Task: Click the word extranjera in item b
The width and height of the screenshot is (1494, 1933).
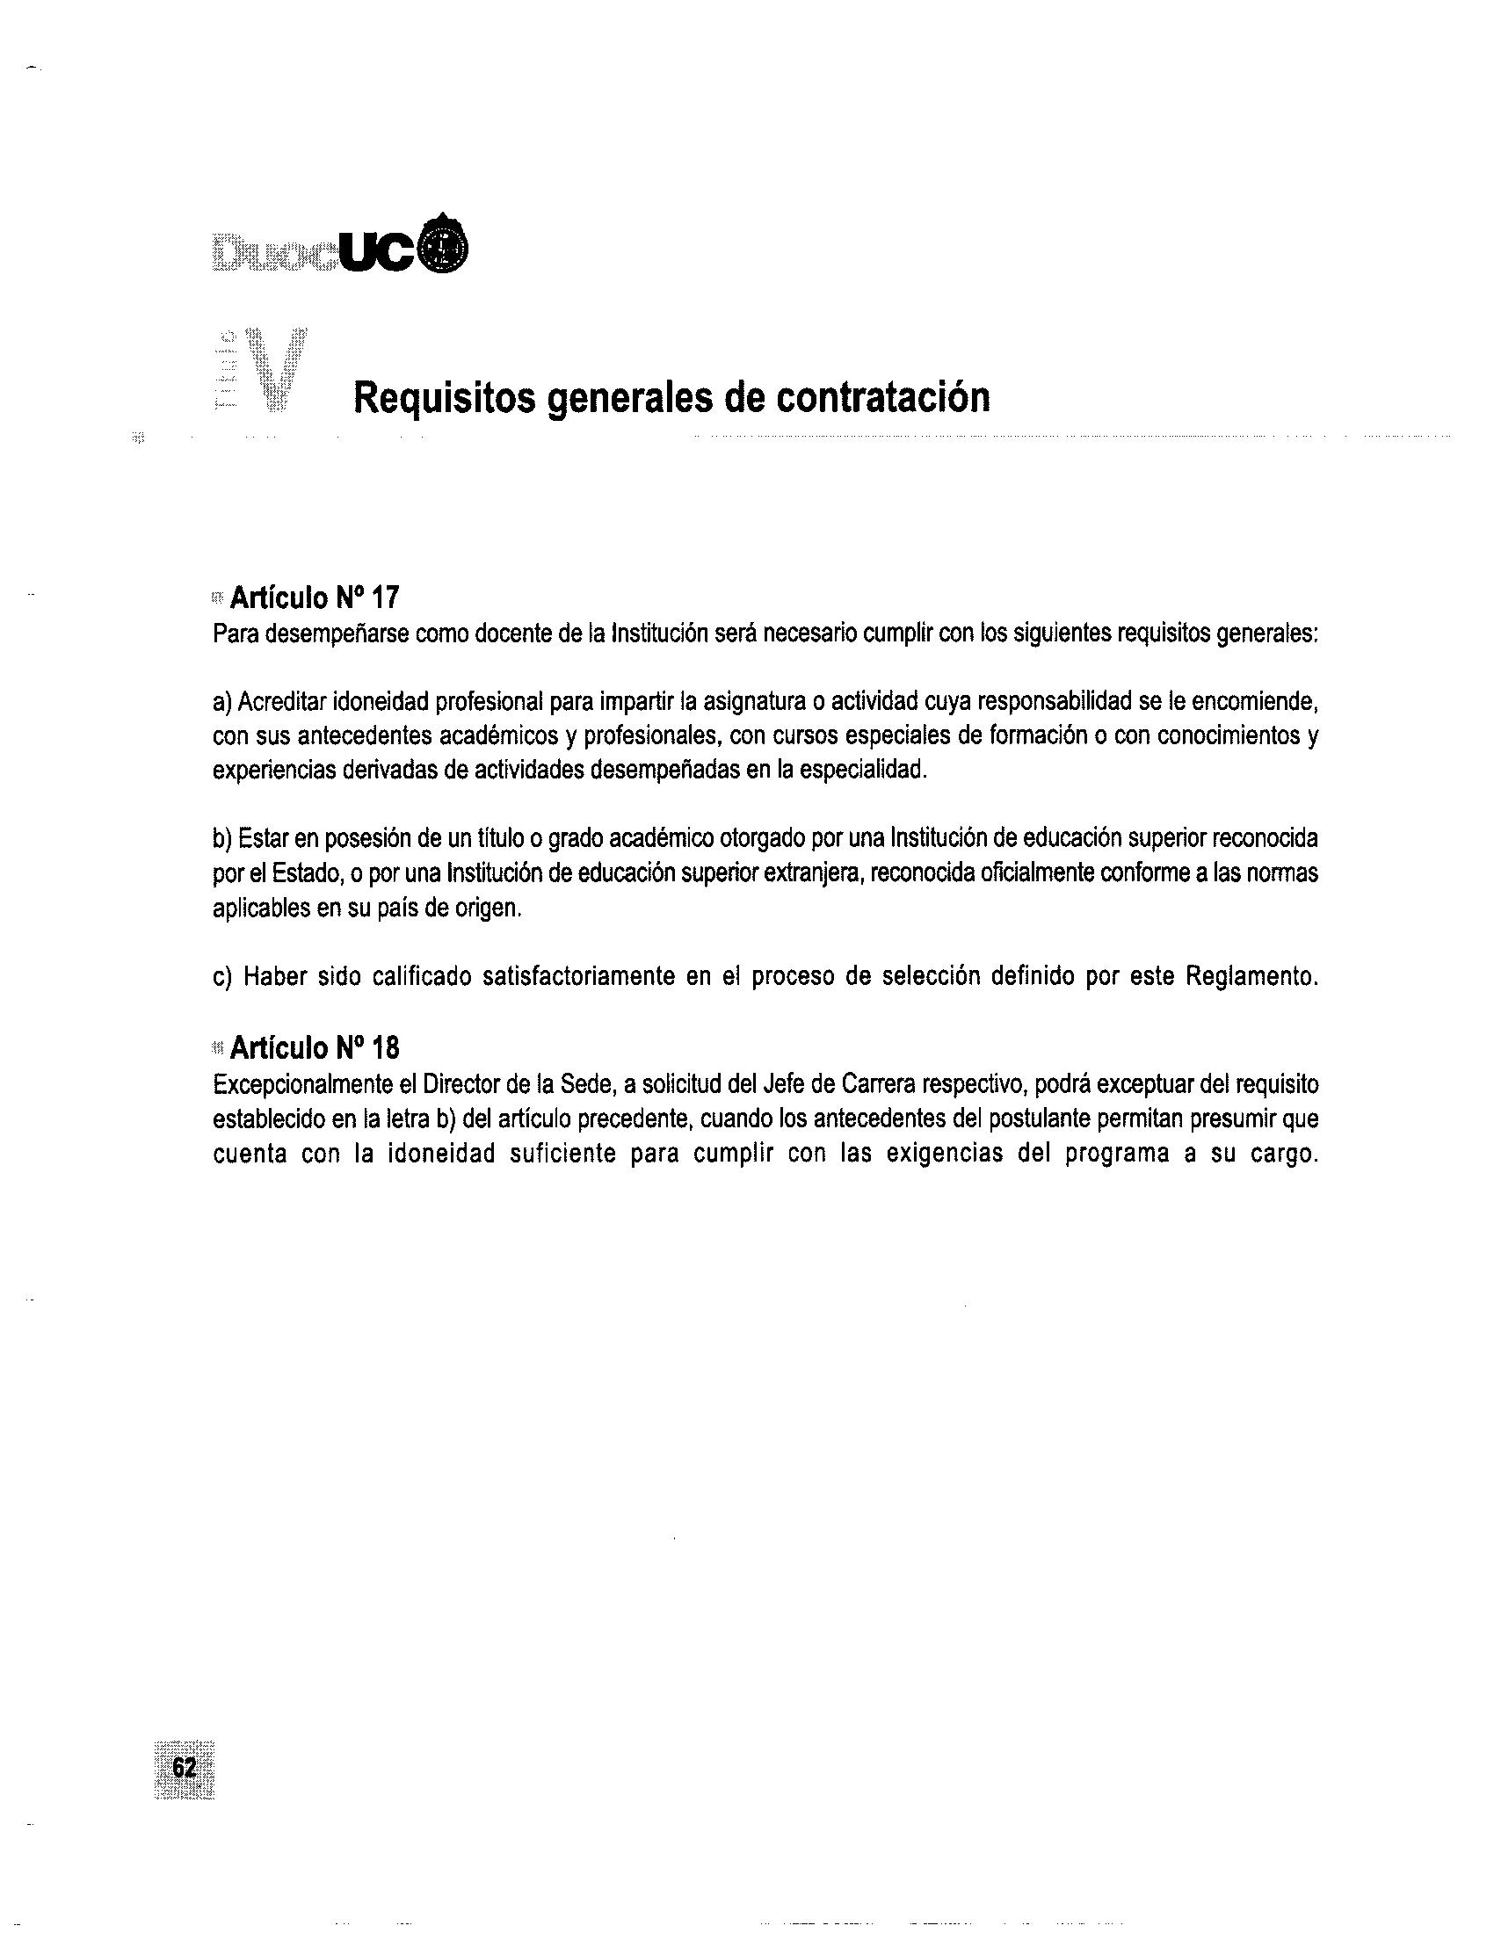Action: pos(819,872)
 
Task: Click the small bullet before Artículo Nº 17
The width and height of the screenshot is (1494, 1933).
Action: pos(218,599)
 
